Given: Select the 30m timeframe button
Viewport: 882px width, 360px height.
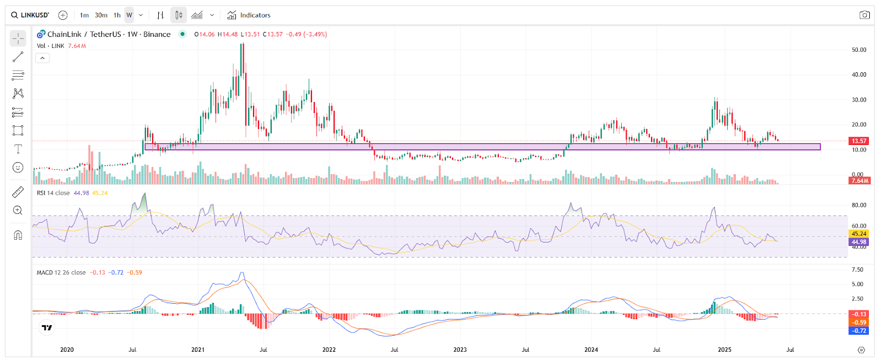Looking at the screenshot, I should tap(101, 15).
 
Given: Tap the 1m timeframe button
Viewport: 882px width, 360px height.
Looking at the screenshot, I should tap(84, 15).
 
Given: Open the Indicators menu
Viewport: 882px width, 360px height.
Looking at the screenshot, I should tap(249, 15).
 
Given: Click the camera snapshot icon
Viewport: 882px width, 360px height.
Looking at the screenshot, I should tap(864, 15).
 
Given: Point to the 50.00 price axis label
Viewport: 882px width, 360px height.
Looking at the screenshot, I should tap(859, 50).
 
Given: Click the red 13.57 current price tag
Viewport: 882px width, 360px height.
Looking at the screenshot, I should tap(859, 141).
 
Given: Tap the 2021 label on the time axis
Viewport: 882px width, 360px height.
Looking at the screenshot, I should tap(198, 350).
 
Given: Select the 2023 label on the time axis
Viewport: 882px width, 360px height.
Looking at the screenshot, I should tap(460, 350).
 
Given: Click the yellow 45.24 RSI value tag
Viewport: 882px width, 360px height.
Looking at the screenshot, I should tap(859, 234).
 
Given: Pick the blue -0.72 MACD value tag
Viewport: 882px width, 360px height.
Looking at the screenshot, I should tap(859, 331).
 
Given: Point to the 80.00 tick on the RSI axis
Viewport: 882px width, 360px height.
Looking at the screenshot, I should tap(859, 205).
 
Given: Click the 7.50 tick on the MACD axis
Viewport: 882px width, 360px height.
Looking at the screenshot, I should tap(857, 270).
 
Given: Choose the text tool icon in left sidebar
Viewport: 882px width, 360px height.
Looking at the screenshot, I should tap(18, 149).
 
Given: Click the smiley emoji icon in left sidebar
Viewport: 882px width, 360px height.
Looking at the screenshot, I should tap(18, 168).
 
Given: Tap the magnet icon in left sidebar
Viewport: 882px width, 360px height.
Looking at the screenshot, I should tap(18, 235).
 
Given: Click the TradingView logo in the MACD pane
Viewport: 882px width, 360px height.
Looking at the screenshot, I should tap(47, 327).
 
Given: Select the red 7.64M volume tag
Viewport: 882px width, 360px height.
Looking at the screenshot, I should tap(859, 181).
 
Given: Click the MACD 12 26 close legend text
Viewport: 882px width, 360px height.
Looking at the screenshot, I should tap(61, 272).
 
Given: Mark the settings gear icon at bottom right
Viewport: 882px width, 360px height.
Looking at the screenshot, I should tap(862, 350).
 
